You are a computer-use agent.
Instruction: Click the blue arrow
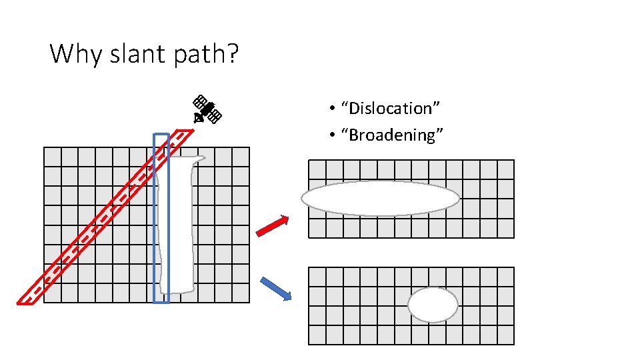[x=275, y=288]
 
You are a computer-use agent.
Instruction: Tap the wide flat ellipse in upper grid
[x=380, y=198]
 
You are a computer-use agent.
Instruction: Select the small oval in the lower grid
[x=433, y=305]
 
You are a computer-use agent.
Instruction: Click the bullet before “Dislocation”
[x=331, y=109]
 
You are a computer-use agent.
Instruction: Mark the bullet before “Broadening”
[x=331, y=136]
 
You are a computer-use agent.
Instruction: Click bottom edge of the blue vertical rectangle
[x=161, y=302]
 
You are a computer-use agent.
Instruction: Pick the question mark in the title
[x=231, y=53]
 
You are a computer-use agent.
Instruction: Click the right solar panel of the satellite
[x=215, y=117]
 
